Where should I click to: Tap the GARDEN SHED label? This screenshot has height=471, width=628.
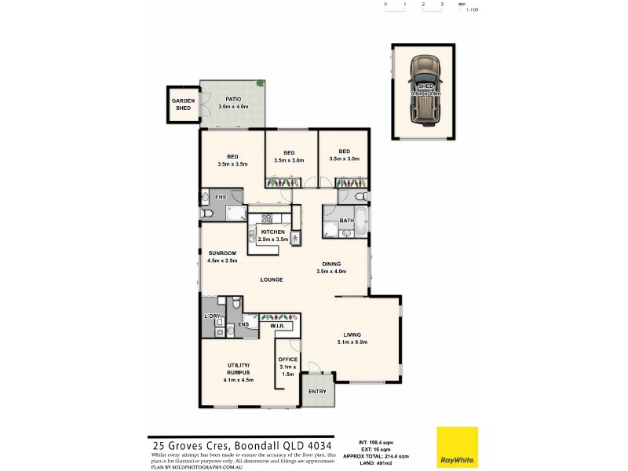point(183,104)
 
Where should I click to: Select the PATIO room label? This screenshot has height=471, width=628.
point(232,100)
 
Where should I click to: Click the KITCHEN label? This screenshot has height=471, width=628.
point(272,232)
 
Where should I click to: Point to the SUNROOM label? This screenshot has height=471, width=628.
point(222,253)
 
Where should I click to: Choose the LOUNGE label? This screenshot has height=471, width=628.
point(272,279)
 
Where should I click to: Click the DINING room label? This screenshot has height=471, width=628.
point(331,265)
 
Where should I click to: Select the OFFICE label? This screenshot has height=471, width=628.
point(288,359)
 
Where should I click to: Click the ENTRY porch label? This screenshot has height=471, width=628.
point(318,392)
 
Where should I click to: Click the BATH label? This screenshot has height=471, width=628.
point(346,221)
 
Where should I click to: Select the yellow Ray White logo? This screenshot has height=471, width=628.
point(458,447)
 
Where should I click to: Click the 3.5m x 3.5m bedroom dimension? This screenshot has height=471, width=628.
point(233,164)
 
